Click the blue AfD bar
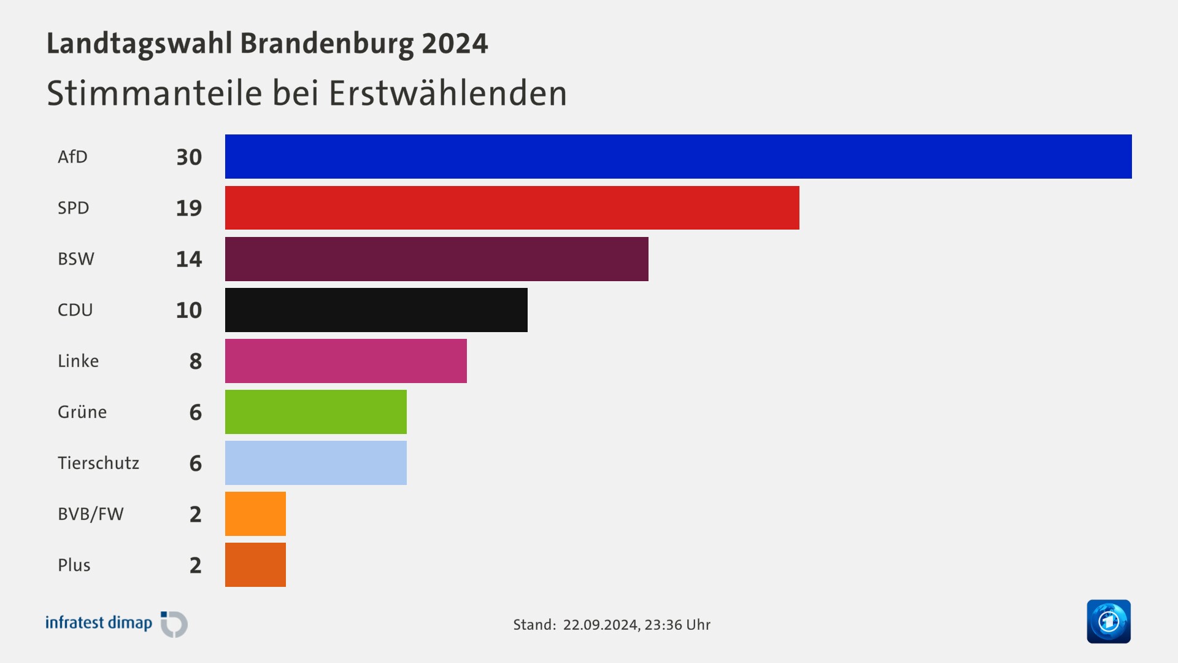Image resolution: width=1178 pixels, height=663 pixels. [678, 157]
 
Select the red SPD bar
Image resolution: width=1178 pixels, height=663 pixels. [512, 207]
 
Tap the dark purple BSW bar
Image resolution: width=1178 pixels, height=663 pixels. [436, 259]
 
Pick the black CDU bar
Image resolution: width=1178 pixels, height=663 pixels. [376, 310]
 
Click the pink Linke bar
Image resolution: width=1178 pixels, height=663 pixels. [345, 361]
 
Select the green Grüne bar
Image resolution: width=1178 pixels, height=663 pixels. [315, 412]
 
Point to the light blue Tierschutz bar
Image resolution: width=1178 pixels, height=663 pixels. [315, 463]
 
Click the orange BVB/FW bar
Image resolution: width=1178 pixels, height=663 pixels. [255, 514]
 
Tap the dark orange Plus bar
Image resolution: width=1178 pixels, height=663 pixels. [255, 565]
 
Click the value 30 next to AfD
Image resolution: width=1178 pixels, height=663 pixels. [188, 157]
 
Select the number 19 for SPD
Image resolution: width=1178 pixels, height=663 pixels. [188, 208]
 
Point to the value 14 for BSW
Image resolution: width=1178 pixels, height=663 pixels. [188, 259]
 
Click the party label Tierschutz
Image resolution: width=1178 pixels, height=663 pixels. [98, 463]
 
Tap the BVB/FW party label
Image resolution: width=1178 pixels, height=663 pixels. [91, 514]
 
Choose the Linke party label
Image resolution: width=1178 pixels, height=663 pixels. [78, 361]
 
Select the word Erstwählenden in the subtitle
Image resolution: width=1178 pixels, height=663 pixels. [447, 93]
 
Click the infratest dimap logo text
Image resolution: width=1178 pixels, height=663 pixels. [99, 623]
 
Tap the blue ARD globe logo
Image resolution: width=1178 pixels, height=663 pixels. [1108, 621]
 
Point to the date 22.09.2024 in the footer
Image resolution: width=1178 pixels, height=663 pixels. [600, 625]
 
